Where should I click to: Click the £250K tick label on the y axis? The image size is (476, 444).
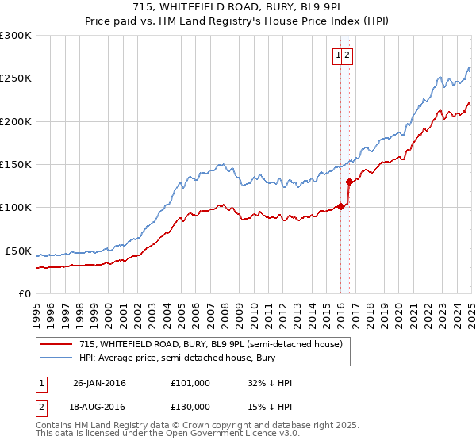[16, 78]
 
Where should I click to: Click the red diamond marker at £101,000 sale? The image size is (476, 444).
[341, 206]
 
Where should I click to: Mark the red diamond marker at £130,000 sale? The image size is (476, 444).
[349, 182]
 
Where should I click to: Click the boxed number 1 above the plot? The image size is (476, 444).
[338, 55]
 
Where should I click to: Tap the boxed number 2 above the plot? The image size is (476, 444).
[347, 55]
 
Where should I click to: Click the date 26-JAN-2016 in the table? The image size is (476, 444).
[99, 383]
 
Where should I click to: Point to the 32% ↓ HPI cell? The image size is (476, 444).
[270, 383]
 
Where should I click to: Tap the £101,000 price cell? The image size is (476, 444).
[190, 383]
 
